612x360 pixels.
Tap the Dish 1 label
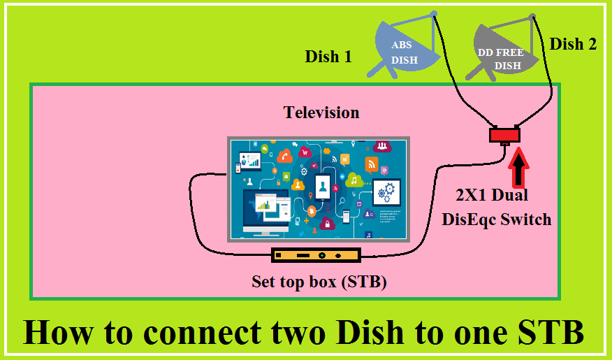pyautogui.click(x=328, y=57)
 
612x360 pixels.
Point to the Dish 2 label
pyautogui.click(x=573, y=44)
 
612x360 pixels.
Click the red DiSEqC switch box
pyautogui.click(x=504, y=134)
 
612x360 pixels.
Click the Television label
pyautogui.click(x=321, y=112)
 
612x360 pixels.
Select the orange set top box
pyautogui.click(x=315, y=256)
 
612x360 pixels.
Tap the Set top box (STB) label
pyautogui.click(x=319, y=282)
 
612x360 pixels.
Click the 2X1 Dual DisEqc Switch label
pyautogui.click(x=496, y=207)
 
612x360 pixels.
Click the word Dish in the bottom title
pyautogui.click(x=363, y=332)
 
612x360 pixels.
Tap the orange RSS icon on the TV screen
pyautogui.click(x=371, y=164)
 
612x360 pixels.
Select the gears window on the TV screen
pyautogui.click(x=386, y=189)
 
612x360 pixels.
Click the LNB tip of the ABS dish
pyautogui.click(x=433, y=13)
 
